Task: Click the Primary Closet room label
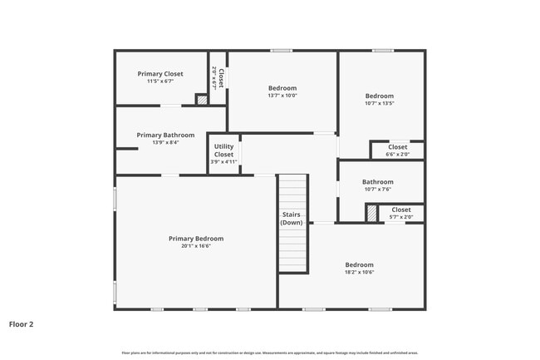point(160,74)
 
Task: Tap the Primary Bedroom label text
point(196,239)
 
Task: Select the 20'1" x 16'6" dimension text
point(196,246)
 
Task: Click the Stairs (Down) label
point(292,219)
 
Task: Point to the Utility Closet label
point(224,150)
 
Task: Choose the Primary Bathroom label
point(166,135)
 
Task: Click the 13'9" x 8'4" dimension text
point(166,142)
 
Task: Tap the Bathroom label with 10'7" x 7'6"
point(378,182)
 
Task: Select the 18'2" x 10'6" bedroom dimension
point(360,273)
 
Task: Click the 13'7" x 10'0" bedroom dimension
point(282,96)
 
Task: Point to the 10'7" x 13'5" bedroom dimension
point(380,103)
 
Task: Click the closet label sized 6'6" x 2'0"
point(398,147)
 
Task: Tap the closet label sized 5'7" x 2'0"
point(401,210)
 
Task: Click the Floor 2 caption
point(21,323)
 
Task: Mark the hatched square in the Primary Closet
point(201,100)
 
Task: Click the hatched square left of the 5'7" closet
point(371,213)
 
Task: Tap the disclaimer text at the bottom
point(270,353)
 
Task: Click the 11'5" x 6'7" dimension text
point(160,81)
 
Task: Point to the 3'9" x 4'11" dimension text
point(224,163)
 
